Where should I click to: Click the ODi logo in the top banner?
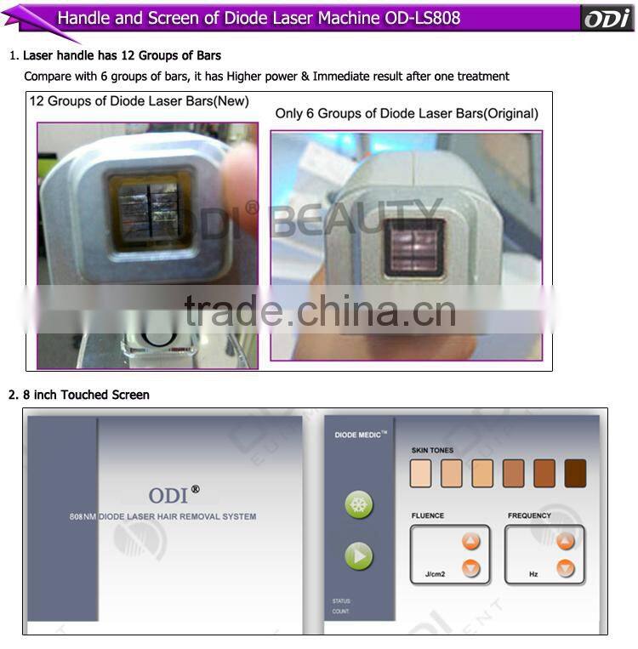click(x=607, y=18)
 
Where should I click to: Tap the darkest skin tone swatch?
click(x=575, y=473)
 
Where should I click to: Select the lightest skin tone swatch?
click(x=421, y=473)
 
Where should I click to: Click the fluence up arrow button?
click(x=470, y=541)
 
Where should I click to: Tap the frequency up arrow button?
click(x=565, y=541)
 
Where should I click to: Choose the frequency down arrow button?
click(x=565, y=568)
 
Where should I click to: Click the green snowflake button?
click(x=359, y=504)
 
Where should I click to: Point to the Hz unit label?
click(x=533, y=574)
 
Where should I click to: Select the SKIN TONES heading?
click(x=432, y=450)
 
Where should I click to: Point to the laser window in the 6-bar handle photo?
click(x=414, y=247)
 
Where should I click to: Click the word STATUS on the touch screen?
click(x=342, y=601)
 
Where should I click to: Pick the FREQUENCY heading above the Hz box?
click(x=529, y=515)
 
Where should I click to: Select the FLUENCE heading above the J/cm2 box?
click(x=428, y=515)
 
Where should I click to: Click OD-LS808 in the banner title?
click(x=423, y=18)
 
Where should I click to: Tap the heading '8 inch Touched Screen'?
click(x=85, y=395)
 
